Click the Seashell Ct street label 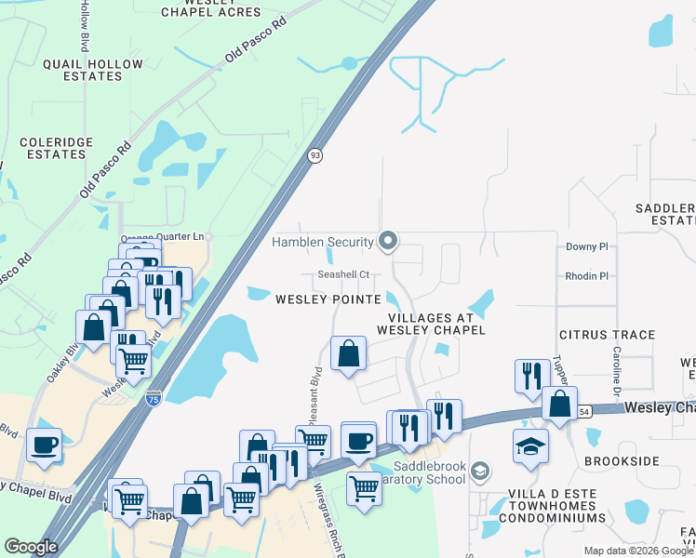pos(343,274)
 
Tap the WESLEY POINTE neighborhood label pos(328,299)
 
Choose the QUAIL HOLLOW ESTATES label pos(93,70)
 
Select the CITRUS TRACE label pos(607,335)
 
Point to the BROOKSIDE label pos(622,461)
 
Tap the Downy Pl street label pos(586,247)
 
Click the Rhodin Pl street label pos(586,276)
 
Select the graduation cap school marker pos(530,445)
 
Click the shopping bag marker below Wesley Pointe pos(348,354)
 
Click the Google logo pos(32,547)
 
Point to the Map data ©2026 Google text pos(637,551)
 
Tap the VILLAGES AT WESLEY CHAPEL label pos(431,324)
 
